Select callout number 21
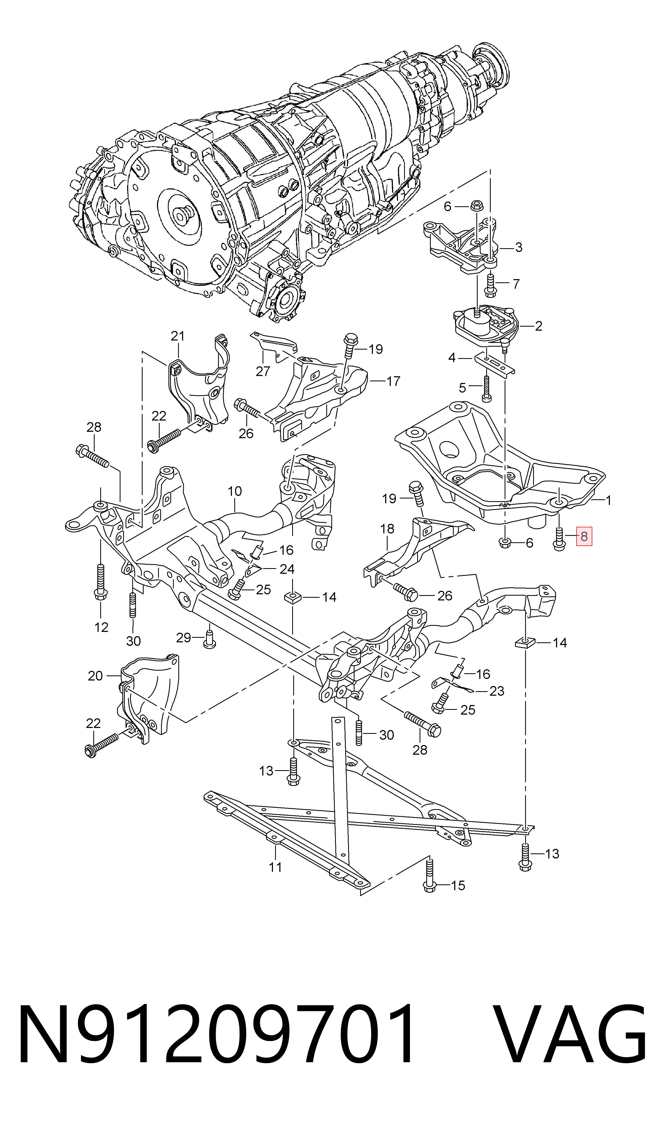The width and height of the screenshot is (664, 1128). coord(178,336)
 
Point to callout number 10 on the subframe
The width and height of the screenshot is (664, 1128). coord(235,491)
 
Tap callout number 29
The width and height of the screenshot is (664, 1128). coord(183,637)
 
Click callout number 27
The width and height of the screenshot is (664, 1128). coord(263,371)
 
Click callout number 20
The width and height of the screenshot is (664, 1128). coord(95,676)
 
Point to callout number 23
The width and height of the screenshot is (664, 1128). coord(497,691)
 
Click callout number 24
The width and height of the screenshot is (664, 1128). coord(287,569)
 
